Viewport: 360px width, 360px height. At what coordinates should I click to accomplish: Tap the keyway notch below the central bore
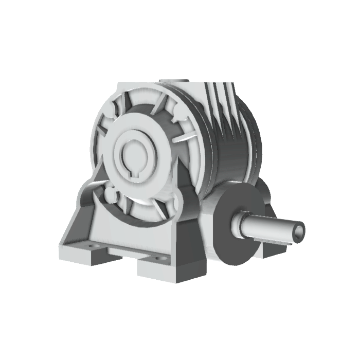tap(135, 174)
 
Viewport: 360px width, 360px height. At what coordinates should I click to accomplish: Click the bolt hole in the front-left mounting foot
tap(93, 247)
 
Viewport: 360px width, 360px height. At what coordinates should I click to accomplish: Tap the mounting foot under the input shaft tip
tap(273, 249)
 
